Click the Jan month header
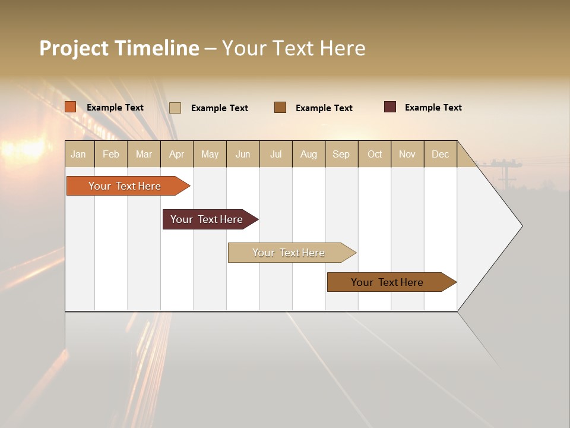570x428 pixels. [x=78, y=154]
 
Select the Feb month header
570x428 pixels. [x=111, y=154]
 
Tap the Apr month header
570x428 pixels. [x=176, y=154]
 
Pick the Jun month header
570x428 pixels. [x=243, y=154]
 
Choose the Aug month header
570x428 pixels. [x=308, y=154]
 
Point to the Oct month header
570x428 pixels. [x=375, y=154]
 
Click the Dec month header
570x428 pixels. [x=440, y=154]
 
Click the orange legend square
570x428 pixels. [x=70, y=107]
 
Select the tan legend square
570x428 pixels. [x=175, y=108]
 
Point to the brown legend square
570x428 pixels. [x=280, y=108]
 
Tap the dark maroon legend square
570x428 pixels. [x=390, y=107]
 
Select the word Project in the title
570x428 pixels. [x=74, y=48]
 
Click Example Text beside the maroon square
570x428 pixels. [x=433, y=108]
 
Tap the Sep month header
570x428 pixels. [x=341, y=154]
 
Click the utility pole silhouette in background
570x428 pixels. [x=505, y=172]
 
